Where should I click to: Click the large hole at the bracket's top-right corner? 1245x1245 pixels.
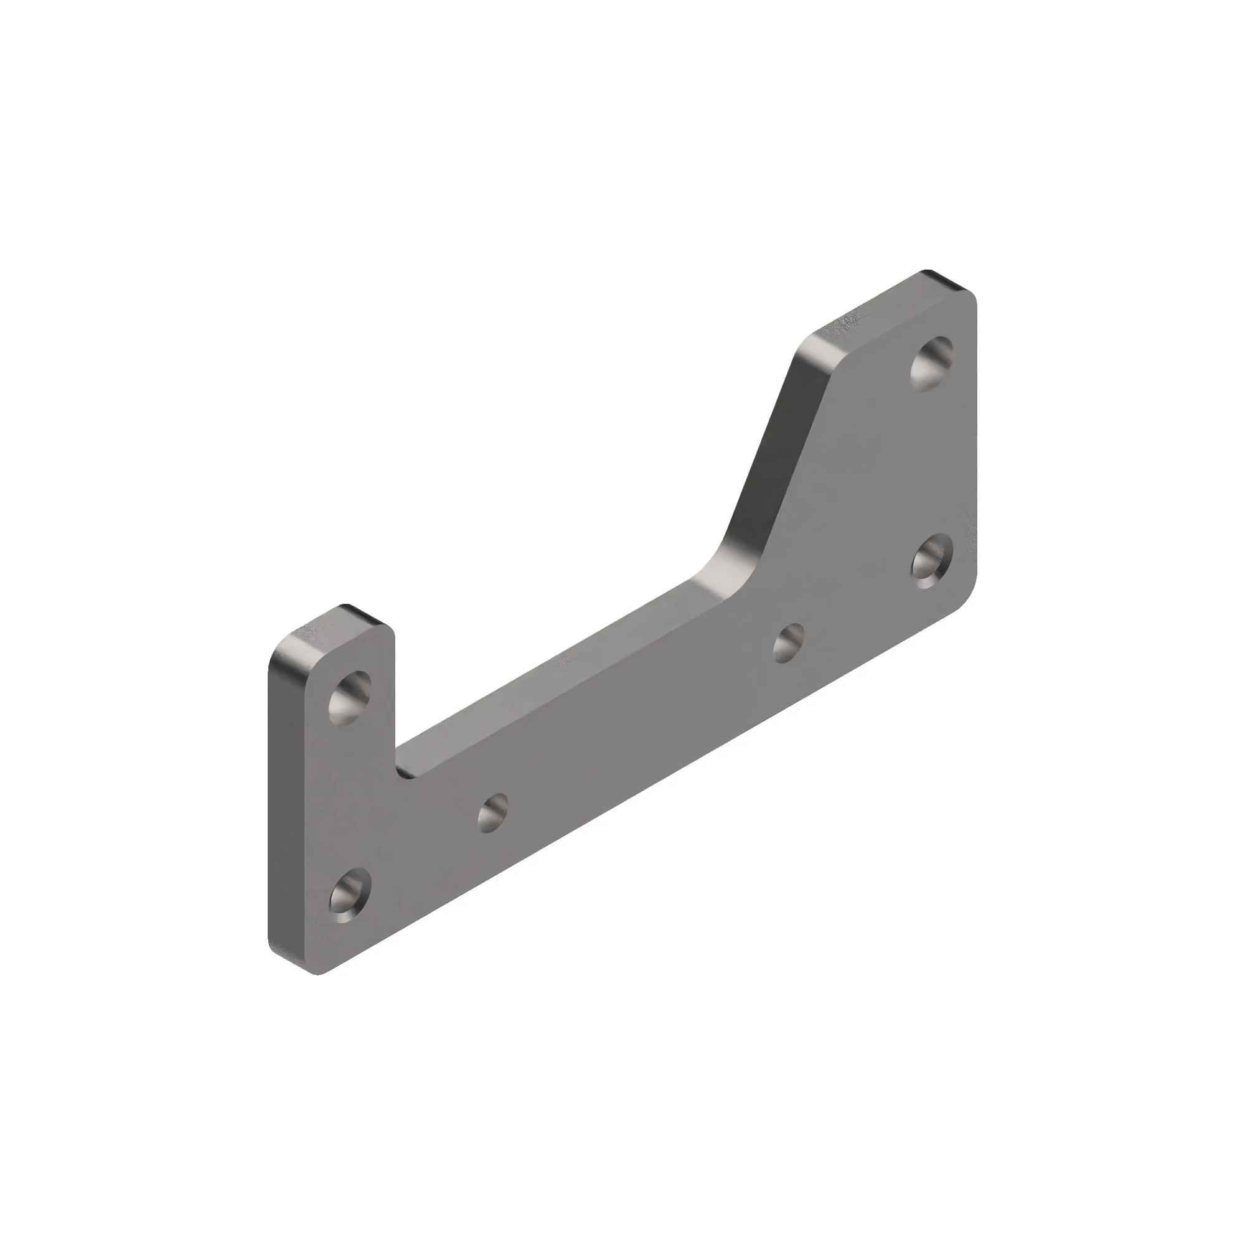(932, 364)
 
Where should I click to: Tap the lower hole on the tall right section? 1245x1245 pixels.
(932, 561)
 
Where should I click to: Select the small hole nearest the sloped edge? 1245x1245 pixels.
(788, 642)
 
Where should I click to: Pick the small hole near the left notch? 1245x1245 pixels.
(492, 812)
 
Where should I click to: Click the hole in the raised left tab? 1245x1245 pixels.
(350, 697)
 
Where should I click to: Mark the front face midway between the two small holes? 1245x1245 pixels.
(638, 728)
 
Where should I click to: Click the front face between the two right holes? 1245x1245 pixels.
(932, 464)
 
